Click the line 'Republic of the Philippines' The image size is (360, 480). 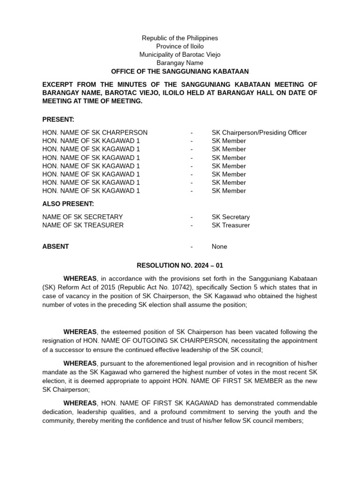pyautogui.click(x=180, y=38)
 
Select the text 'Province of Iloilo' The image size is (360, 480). pyautogui.click(x=180, y=46)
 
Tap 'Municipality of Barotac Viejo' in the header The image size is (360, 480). pyautogui.click(x=180, y=55)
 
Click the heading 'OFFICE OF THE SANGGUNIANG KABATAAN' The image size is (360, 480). pyautogui.click(x=180, y=71)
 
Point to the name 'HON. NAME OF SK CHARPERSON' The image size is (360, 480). pyautogui.click(x=95, y=133)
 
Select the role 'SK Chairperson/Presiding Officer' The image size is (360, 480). pyautogui.click(x=259, y=133)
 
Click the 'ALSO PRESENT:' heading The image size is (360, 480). pyautogui.click(x=68, y=204)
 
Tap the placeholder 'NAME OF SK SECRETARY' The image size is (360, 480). pyautogui.click(x=82, y=217)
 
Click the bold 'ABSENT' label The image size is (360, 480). pyautogui.click(x=55, y=247)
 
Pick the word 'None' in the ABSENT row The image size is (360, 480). pyautogui.click(x=219, y=247)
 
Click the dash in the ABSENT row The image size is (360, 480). pyautogui.click(x=192, y=247)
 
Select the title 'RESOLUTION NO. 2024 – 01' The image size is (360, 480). pyautogui.click(x=180, y=265)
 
